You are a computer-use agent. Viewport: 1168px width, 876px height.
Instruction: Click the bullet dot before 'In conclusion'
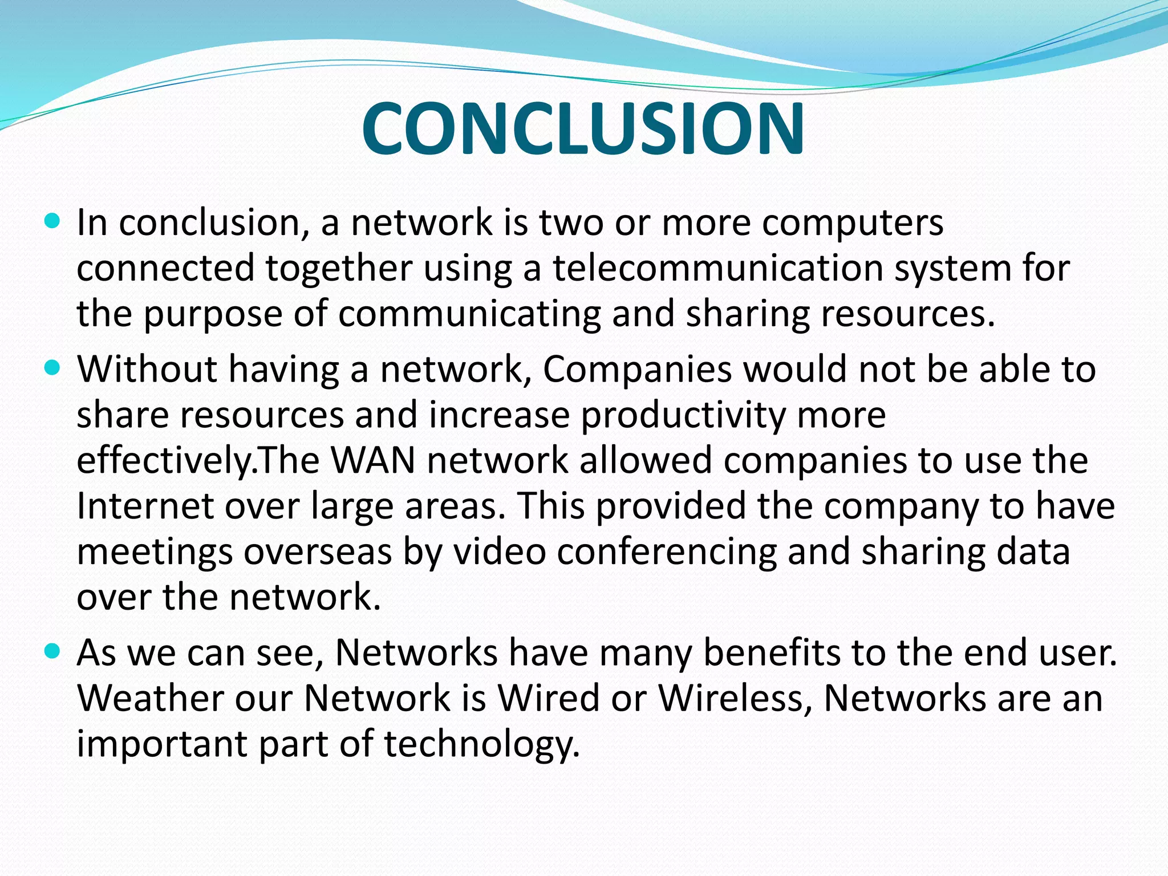click(x=51, y=221)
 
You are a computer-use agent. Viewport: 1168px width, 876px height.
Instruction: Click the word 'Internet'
click(x=145, y=506)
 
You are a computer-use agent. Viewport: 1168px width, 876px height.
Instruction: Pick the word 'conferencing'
click(x=667, y=552)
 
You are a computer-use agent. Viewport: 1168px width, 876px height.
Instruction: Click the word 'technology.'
click(x=482, y=745)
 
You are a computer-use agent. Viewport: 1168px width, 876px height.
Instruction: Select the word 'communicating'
click(x=469, y=314)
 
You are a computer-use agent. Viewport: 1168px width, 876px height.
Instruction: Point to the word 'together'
click(x=339, y=268)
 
